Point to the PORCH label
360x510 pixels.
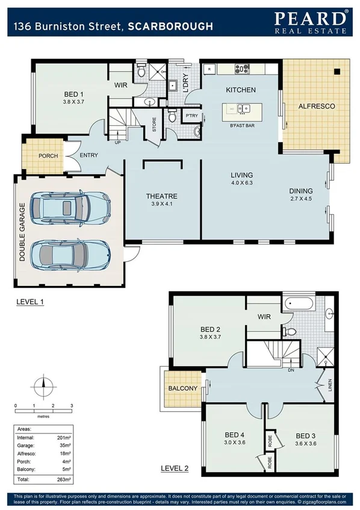tap(48, 156)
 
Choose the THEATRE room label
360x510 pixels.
tap(161, 196)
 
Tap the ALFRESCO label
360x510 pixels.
tap(317, 106)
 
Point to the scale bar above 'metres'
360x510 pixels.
tap(43, 411)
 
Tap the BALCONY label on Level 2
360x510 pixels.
tap(182, 388)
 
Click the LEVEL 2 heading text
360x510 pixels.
tap(175, 468)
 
